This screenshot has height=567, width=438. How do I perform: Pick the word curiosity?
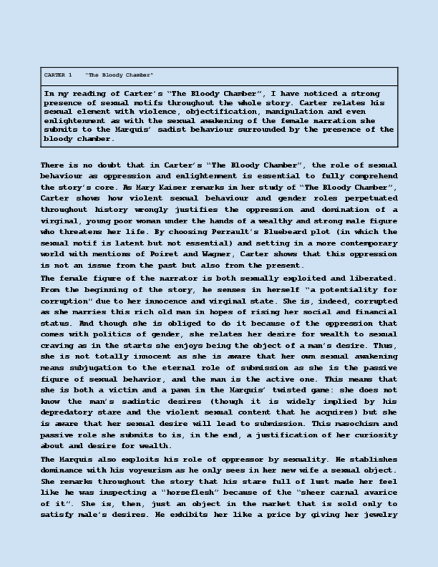point(370,435)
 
